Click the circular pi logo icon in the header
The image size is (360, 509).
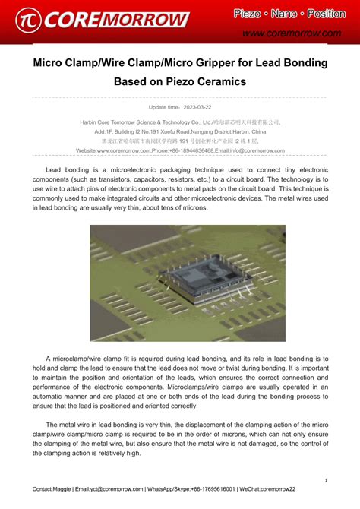(27, 19)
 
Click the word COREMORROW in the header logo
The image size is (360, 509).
(114, 19)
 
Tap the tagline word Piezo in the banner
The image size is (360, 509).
(248, 14)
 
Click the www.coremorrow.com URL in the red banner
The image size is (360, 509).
(291, 33)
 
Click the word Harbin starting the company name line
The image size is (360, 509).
(90, 122)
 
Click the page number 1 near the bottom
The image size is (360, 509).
(325, 480)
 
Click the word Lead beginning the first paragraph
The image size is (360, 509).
(53, 169)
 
